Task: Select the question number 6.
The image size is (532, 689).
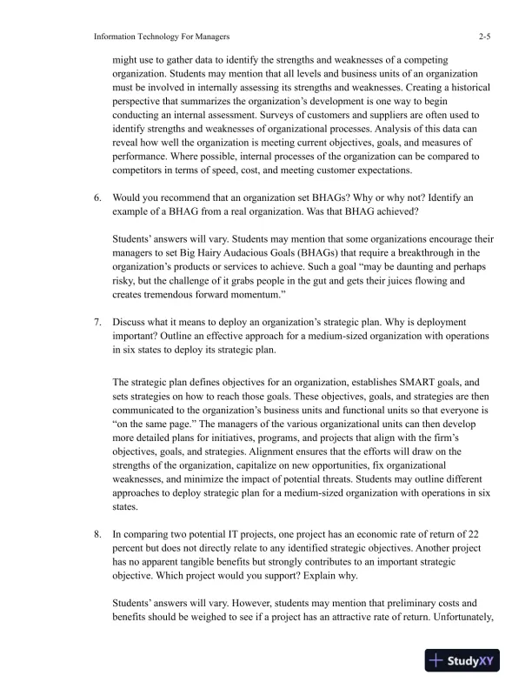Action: point(98,197)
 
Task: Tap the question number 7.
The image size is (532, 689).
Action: point(98,308)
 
